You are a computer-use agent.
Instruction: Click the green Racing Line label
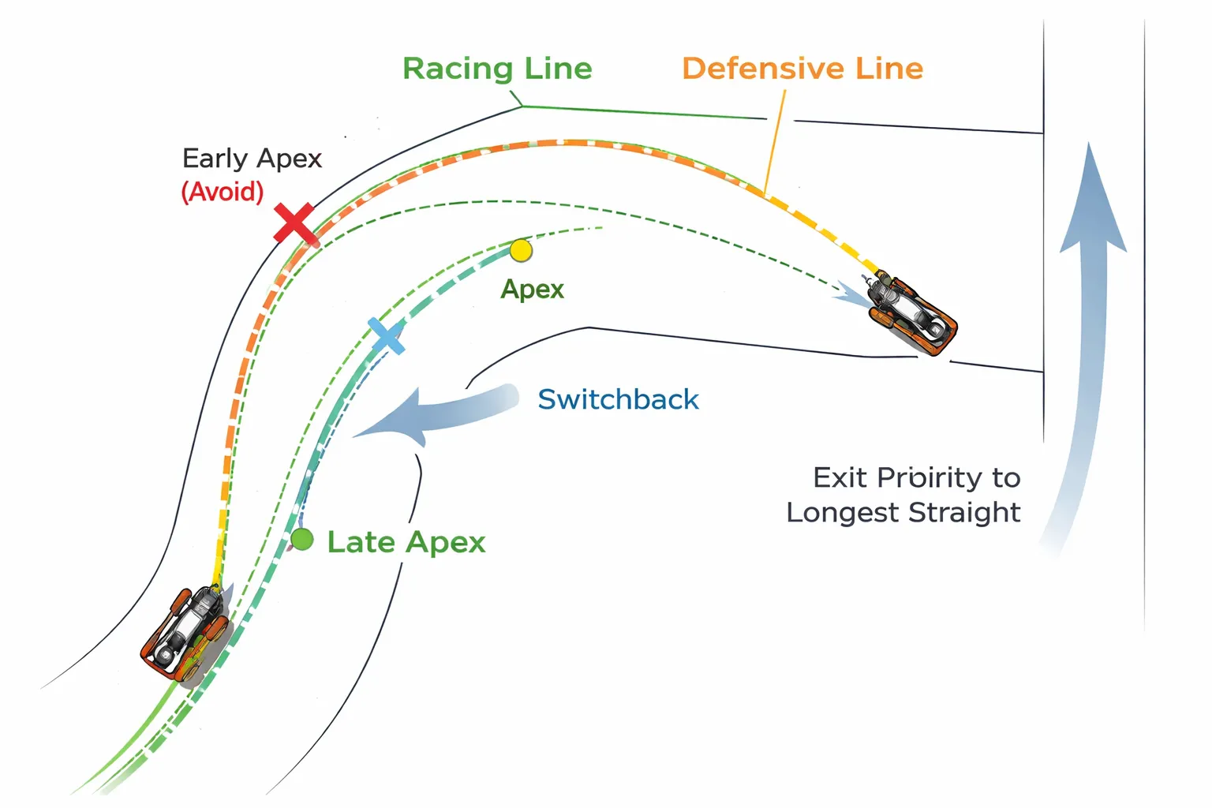[x=497, y=69]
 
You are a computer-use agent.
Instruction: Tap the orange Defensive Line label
[x=802, y=69]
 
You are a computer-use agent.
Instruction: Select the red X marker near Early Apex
[x=295, y=223]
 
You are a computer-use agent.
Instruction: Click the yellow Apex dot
[x=521, y=251]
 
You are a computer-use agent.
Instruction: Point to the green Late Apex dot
[x=302, y=540]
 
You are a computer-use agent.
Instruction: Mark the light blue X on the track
[x=387, y=336]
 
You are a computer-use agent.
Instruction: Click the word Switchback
[x=618, y=399]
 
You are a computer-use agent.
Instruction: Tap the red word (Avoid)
[x=223, y=192]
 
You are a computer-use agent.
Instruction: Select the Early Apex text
[x=252, y=159]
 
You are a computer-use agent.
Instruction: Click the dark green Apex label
[x=532, y=290]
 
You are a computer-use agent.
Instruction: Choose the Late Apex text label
[x=406, y=542]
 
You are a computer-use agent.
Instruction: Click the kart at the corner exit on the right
[x=913, y=313]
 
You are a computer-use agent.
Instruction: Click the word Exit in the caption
[x=840, y=477]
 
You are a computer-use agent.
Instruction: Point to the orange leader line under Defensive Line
[x=774, y=142]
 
